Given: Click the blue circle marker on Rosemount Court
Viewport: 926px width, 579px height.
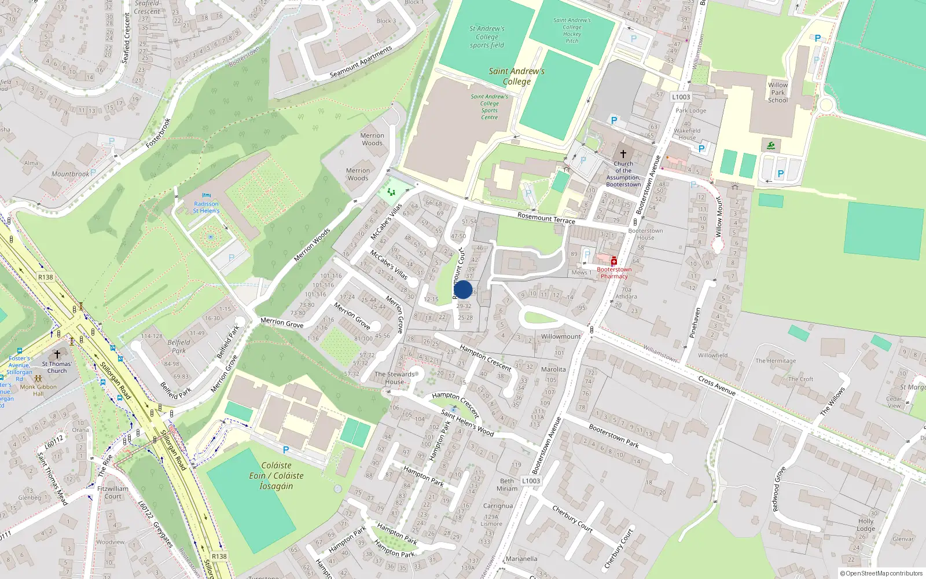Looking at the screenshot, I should (x=463, y=289).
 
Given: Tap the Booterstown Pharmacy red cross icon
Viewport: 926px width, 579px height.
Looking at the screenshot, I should (x=614, y=262).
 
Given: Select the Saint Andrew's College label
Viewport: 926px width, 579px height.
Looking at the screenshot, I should (x=516, y=76).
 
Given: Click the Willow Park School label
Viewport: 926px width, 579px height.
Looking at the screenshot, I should (x=778, y=93).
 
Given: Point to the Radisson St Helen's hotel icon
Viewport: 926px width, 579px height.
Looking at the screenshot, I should (x=207, y=196).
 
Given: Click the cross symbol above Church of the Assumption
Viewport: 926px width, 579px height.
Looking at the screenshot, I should (x=623, y=154).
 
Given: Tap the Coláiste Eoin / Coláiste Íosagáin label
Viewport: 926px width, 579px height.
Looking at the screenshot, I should (x=276, y=475).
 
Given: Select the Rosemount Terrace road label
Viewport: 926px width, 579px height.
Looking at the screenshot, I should (x=546, y=218).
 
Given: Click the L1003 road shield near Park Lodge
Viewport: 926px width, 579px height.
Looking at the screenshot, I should (x=681, y=97).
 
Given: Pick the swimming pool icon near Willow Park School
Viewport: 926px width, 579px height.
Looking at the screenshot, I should (x=771, y=145).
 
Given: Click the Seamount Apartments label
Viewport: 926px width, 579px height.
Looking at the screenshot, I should (x=361, y=62).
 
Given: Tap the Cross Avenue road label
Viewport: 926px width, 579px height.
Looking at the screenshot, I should (x=716, y=386).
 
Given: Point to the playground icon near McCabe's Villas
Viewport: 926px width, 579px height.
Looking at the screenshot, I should (x=392, y=192).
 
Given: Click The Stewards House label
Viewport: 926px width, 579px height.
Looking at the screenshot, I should (x=395, y=378).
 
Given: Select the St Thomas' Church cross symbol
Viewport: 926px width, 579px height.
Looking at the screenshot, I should (x=57, y=354).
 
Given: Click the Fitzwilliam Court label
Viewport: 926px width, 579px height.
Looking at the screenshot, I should (x=113, y=492).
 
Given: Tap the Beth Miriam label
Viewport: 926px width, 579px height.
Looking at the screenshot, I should (x=507, y=485).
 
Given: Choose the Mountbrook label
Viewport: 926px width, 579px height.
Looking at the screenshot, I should (x=71, y=174).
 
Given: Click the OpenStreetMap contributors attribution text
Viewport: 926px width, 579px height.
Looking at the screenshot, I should (x=881, y=573).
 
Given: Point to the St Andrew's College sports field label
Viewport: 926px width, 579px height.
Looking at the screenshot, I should (x=487, y=36).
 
